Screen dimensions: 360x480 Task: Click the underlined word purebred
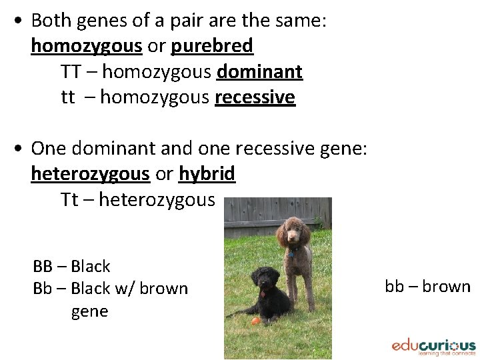[212, 46]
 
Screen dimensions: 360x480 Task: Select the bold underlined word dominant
[260, 71]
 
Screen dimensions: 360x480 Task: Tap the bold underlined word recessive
[255, 97]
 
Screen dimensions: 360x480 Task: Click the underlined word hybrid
[207, 174]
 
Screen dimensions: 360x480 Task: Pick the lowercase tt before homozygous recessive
[68, 97]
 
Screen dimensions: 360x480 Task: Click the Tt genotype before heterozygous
[69, 199]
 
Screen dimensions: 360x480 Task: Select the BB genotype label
[42, 267]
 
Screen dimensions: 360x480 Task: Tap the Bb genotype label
[42, 289]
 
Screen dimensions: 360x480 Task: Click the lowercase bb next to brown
[394, 287]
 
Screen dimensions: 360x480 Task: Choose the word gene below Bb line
[89, 311]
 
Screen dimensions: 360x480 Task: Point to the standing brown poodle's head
[291, 230]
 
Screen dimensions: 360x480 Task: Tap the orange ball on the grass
[255, 321]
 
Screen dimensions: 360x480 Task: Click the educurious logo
[433, 347]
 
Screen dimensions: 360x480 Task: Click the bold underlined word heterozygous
[90, 174]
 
